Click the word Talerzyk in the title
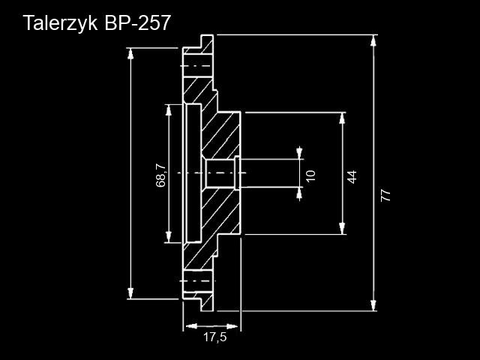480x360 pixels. [x=60, y=23]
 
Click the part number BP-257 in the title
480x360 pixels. [x=137, y=22]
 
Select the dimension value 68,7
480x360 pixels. [x=160, y=175]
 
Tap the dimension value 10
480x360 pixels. [x=310, y=175]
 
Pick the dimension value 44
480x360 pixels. [x=352, y=177]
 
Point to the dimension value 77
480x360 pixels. [x=385, y=196]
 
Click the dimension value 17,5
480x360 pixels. [x=215, y=337]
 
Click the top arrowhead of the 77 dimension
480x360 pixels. [x=373, y=40]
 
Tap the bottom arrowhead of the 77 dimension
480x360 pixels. [x=373, y=305]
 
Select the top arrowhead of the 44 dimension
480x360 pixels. [x=342, y=118]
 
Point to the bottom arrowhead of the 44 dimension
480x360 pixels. [x=342, y=229]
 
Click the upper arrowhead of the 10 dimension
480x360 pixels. [x=299, y=153]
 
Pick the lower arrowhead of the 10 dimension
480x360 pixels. [x=299, y=193]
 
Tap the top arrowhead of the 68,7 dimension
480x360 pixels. [x=168, y=110]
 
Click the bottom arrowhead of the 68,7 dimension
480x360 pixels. [x=168, y=237]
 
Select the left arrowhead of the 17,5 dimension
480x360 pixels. [x=192, y=326]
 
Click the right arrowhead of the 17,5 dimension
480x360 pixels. [x=232, y=326]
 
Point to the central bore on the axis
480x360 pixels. [x=220, y=173]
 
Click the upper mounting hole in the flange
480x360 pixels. [x=198, y=66]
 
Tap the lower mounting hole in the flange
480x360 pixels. [x=198, y=281]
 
